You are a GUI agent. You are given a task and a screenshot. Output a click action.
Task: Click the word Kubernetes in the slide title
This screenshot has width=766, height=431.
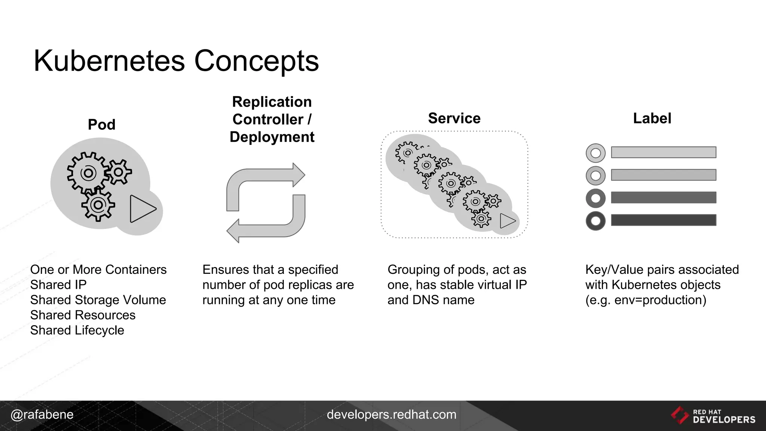[109, 61]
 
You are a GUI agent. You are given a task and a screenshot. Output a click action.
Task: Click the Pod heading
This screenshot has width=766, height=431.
[101, 125]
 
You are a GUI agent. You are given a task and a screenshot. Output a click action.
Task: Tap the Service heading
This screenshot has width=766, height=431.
[454, 118]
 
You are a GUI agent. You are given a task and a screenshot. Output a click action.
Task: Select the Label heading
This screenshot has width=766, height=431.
[652, 118]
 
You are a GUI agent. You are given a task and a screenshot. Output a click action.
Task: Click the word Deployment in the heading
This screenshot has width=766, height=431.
[272, 137]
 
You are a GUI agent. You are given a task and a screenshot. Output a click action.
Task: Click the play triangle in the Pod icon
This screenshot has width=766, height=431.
[141, 209]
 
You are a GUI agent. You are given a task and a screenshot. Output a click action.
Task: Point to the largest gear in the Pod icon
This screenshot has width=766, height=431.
[88, 173]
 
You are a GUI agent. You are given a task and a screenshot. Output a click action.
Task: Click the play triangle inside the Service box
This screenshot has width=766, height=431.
[507, 221]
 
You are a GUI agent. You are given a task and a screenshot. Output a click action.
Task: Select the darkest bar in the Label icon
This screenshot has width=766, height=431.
[663, 220]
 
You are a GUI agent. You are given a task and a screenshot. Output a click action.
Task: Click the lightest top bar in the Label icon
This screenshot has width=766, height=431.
[663, 152]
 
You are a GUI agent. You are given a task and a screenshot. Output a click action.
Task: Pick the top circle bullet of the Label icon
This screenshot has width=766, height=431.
[595, 153]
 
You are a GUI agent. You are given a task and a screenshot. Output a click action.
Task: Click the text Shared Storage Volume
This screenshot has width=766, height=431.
[98, 300]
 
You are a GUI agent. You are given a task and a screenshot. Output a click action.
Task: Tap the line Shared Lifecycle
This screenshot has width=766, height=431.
[77, 330]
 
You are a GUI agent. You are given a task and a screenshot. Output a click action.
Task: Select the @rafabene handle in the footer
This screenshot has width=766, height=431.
[42, 415]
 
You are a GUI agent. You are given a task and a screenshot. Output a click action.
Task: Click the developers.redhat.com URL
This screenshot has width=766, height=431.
[391, 415]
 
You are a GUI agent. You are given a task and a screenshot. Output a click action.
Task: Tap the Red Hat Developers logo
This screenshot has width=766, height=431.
[713, 416]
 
